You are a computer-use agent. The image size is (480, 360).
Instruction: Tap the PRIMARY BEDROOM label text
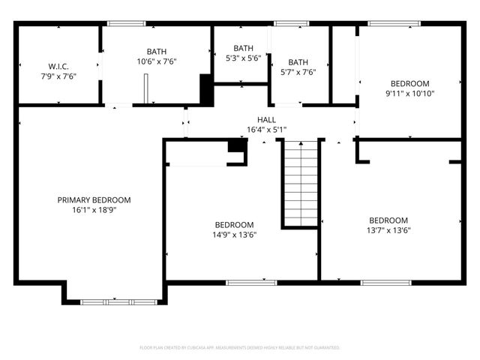(94, 200)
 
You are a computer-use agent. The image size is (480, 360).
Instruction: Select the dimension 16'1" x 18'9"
(94, 210)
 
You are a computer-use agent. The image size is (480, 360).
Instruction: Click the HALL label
(266, 119)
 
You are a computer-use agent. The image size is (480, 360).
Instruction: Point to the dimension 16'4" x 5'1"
(266, 130)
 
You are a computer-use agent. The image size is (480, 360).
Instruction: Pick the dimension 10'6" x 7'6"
(157, 61)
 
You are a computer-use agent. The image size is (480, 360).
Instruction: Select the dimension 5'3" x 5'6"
(243, 58)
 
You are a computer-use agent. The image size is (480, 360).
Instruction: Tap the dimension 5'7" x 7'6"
(298, 73)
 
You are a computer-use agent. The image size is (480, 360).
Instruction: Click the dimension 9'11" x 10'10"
(409, 94)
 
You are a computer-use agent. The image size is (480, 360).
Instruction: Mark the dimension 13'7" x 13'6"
(388, 230)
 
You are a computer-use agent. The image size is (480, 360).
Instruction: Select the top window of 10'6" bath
(126, 23)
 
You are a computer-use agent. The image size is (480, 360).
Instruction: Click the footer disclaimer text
(240, 348)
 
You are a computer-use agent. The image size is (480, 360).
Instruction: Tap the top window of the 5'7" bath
(286, 23)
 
